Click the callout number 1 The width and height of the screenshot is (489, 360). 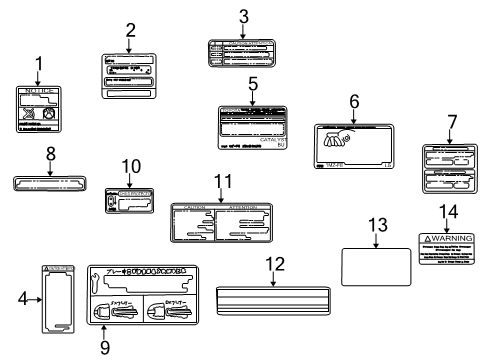point(39,66)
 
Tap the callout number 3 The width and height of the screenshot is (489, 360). point(243,16)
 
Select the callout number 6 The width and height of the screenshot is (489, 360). point(353,101)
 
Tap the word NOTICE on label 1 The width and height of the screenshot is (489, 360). point(39,91)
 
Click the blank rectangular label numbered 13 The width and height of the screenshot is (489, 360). point(371,266)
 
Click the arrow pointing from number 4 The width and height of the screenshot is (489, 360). point(33,297)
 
